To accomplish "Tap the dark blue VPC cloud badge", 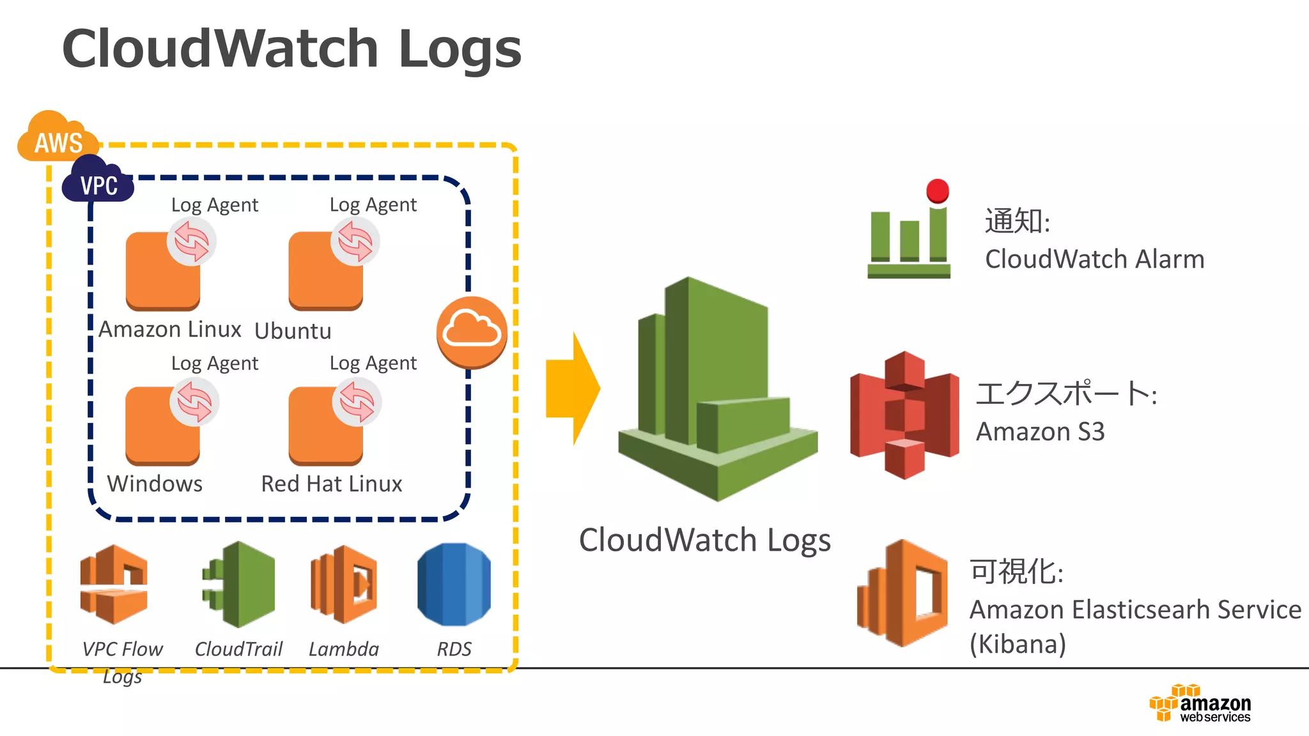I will (x=98, y=181).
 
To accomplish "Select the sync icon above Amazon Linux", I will (x=191, y=242).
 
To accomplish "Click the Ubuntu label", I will (x=293, y=331).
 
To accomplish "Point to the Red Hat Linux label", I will (x=331, y=484).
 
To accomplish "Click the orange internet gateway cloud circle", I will (x=472, y=332).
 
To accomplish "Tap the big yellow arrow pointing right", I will (x=572, y=388).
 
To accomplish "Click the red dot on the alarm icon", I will (x=937, y=190).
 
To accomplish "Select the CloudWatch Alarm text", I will (x=1094, y=259).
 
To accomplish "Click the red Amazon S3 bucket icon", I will (x=904, y=415).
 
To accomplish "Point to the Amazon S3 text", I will (x=1040, y=432).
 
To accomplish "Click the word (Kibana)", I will (x=1018, y=644).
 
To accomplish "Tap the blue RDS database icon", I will (x=454, y=584).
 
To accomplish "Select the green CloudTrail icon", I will (x=239, y=584).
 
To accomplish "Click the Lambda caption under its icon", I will (x=343, y=649).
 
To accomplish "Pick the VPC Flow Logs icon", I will (x=114, y=584).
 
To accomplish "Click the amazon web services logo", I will (x=1200, y=703).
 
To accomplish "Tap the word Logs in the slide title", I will (x=460, y=49).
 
